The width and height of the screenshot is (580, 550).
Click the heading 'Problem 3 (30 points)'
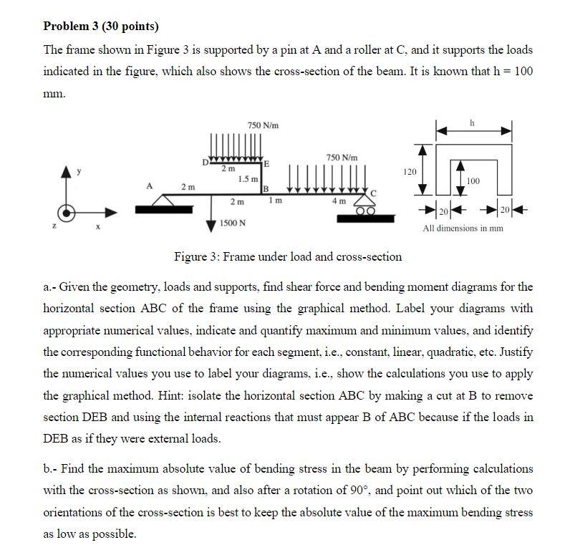tap(101, 26)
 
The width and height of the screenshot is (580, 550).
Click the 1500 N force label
tap(233, 223)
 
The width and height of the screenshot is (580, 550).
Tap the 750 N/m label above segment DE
tap(263, 125)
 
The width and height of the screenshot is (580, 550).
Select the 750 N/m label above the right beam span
tap(341, 157)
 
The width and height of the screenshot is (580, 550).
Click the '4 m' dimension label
tap(337, 201)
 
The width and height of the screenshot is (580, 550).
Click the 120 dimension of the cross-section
tap(409, 173)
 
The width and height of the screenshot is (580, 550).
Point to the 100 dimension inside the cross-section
tap(473, 180)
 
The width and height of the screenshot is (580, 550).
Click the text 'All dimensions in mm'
tap(463, 228)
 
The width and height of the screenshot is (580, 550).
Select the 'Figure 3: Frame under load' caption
tap(288, 256)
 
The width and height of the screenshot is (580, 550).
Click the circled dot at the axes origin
tap(68, 213)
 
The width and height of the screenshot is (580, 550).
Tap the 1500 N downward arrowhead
tap(211, 226)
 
